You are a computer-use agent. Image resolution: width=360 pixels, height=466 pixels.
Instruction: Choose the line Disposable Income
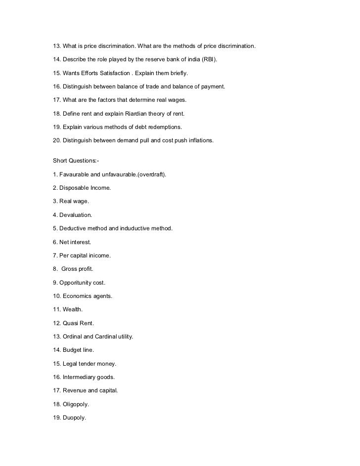coord(82,188)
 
